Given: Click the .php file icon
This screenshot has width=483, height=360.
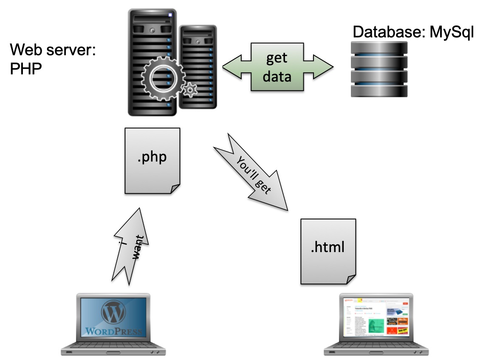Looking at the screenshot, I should (x=153, y=161).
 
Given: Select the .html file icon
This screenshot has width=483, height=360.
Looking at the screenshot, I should (x=328, y=251).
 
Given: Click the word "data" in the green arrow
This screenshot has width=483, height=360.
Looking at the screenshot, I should (x=277, y=77).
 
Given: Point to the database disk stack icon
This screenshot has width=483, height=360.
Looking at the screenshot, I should (x=379, y=69).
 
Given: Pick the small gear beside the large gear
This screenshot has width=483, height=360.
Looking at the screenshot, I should (x=190, y=90).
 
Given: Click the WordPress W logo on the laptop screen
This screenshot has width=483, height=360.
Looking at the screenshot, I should (x=113, y=313).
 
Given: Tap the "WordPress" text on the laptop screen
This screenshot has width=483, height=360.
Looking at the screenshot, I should (x=113, y=331).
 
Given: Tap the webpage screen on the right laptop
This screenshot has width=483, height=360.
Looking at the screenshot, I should (x=376, y=317).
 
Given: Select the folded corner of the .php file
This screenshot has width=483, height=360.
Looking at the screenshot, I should (x=175, y=188).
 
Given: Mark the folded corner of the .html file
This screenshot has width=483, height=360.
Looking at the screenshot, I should (x=350, y=279).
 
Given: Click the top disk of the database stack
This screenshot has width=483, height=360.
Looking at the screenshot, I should (x=379, y=48).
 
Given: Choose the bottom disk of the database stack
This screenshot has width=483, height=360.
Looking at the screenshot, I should (x=379, y=91).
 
